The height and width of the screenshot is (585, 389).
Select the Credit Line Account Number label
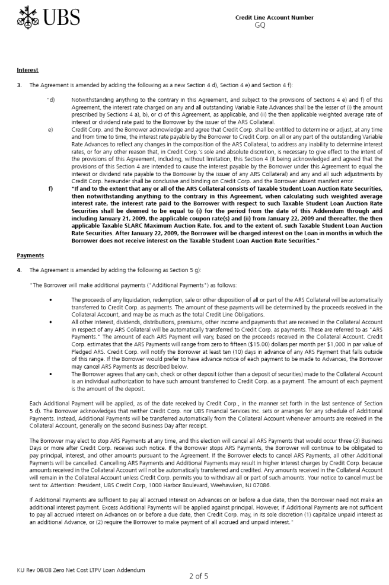pos(274,18)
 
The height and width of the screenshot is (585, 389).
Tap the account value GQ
pos(260,25)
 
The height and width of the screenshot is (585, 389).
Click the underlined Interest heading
pos(28,70)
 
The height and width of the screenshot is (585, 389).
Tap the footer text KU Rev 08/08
pos(35,570)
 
